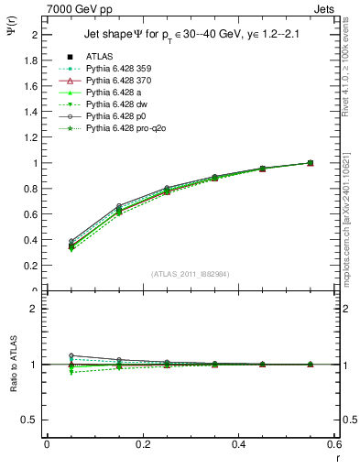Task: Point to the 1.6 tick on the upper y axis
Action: pos(33,86)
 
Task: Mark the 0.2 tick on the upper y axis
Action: pos(33,266)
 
